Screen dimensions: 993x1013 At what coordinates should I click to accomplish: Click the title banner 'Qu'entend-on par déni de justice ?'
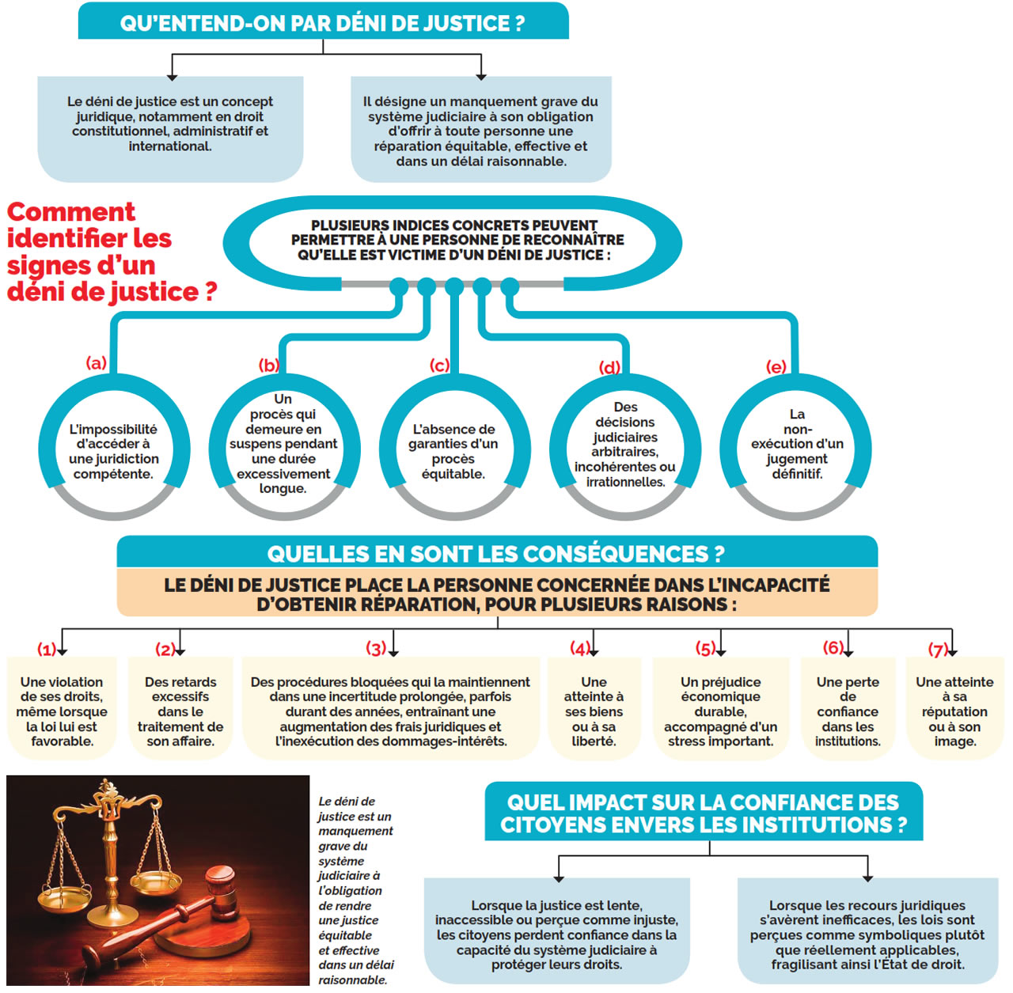click(x=323, y=22)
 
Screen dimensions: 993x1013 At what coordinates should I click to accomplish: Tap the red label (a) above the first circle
click(x=96, y=363)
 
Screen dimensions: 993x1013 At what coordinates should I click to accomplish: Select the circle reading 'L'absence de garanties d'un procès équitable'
click(x=453, y=451)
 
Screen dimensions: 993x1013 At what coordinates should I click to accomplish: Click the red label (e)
click(x=776, y=366)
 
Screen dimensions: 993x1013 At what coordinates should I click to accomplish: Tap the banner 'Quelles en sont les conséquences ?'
click(x=496, y=553)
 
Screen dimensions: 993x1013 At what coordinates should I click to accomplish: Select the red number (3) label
click(x=376, y=649)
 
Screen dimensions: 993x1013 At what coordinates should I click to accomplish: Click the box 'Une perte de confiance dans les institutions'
click(x=847, y=711)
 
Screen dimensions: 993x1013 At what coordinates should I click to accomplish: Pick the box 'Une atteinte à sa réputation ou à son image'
click(x=954, y=711)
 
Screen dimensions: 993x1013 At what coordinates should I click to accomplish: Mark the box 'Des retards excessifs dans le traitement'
click(x=180, y=711)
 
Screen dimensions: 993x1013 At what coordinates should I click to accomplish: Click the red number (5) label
click(x=705, y=649)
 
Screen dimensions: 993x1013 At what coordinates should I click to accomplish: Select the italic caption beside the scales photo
click(x=355, y=890)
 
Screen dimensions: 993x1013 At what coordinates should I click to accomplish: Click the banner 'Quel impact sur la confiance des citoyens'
click(x=703, y=813)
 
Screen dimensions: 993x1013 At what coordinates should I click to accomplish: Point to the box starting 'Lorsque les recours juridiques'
click(x=867, y=934)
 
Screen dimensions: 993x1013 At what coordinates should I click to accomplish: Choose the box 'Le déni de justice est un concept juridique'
click(x=170, y=124)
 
